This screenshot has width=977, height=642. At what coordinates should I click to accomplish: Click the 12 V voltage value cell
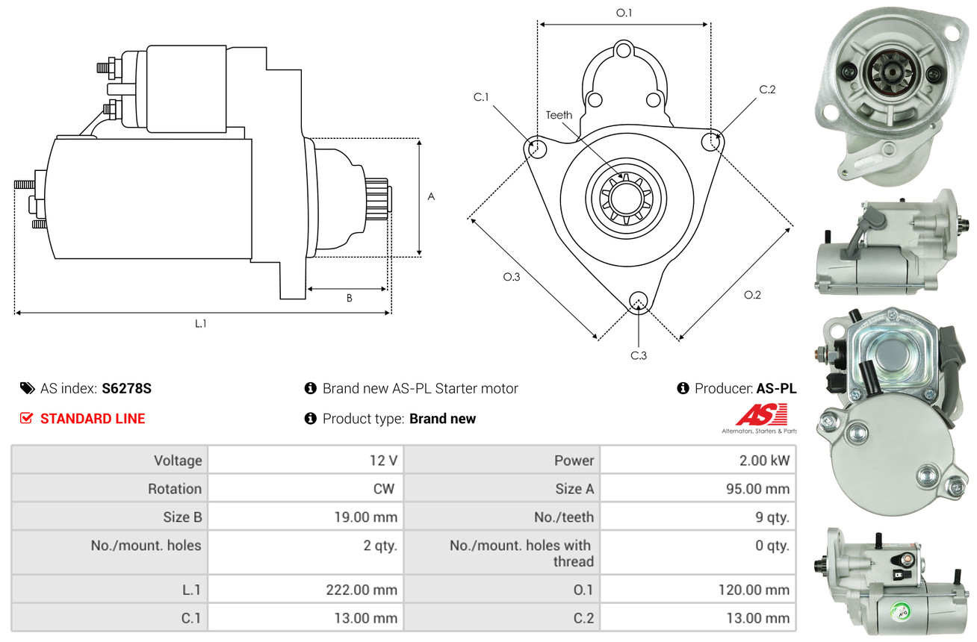(x=305, y=461)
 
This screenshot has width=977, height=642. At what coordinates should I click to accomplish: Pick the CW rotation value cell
(x=305, y=488)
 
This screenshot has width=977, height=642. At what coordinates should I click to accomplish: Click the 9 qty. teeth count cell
(x=698, y=517)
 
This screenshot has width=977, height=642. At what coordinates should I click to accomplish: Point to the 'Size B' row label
(x=182, y=517)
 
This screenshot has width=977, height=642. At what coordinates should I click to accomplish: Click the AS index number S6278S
(x=126, y=388)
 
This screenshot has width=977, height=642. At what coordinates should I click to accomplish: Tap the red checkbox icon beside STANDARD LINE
(x=26, y=418)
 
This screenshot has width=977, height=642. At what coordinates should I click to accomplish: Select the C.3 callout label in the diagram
(x=639, y=355)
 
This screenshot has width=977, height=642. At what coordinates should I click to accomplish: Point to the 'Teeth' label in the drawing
(x=559, y=115)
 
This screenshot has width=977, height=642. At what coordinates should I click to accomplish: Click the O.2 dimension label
(x=752, y=295)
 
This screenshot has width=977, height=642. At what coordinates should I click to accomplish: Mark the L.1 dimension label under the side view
(x=201, y=323)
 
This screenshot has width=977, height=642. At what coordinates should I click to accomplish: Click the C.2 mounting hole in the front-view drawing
(x=710, y=142)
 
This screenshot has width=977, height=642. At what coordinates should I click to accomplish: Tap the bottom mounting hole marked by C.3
(x=638, y=301)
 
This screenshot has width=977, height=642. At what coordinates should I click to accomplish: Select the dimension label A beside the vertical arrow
(x=431, y=196)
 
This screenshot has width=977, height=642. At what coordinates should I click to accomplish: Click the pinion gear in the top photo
(x=889, y=71)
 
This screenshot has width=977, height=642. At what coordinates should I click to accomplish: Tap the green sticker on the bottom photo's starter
(x=900, y=610)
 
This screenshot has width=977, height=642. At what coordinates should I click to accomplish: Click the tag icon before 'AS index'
(x=28, y=388)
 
